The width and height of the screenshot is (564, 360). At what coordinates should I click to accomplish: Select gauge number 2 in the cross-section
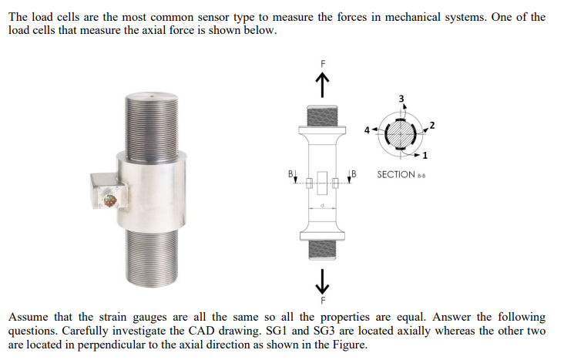click(432, 125)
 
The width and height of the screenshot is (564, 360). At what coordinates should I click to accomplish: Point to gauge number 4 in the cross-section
click(368, 129)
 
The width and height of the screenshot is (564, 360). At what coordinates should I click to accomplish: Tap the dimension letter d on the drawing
click(324, 206)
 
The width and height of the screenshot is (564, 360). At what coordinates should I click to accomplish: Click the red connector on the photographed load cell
click(110, 201)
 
